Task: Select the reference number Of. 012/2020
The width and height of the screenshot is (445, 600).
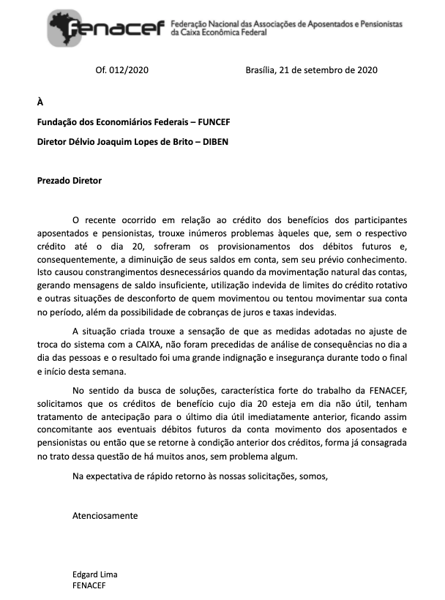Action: pyautogui.click(x=121, y=70)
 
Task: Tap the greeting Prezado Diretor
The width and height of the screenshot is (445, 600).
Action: pyautogui.click(x=70, y=180)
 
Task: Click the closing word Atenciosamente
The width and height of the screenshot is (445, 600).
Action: pyautogui.click(x=105, y=515)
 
